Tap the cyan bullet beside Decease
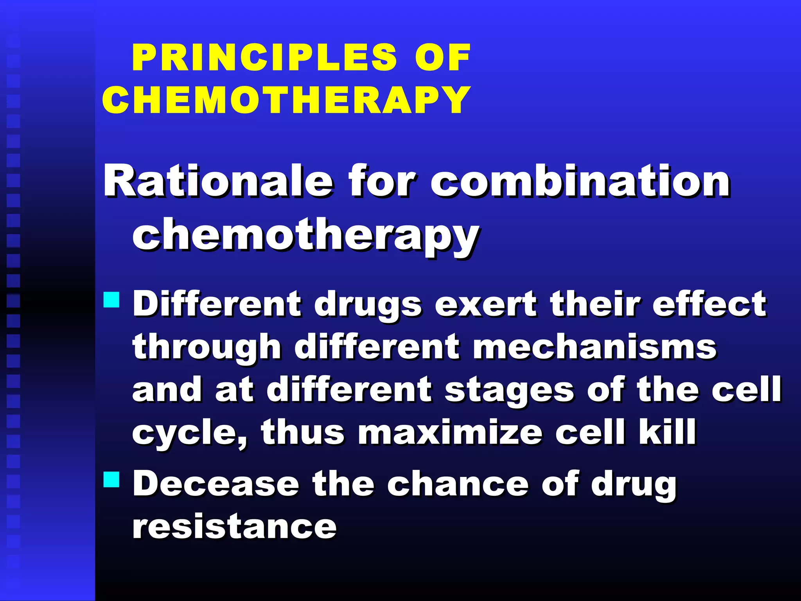pos(111,479)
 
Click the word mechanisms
pos(594,347)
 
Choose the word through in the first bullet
pos(207,347)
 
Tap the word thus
pos(303,432)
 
